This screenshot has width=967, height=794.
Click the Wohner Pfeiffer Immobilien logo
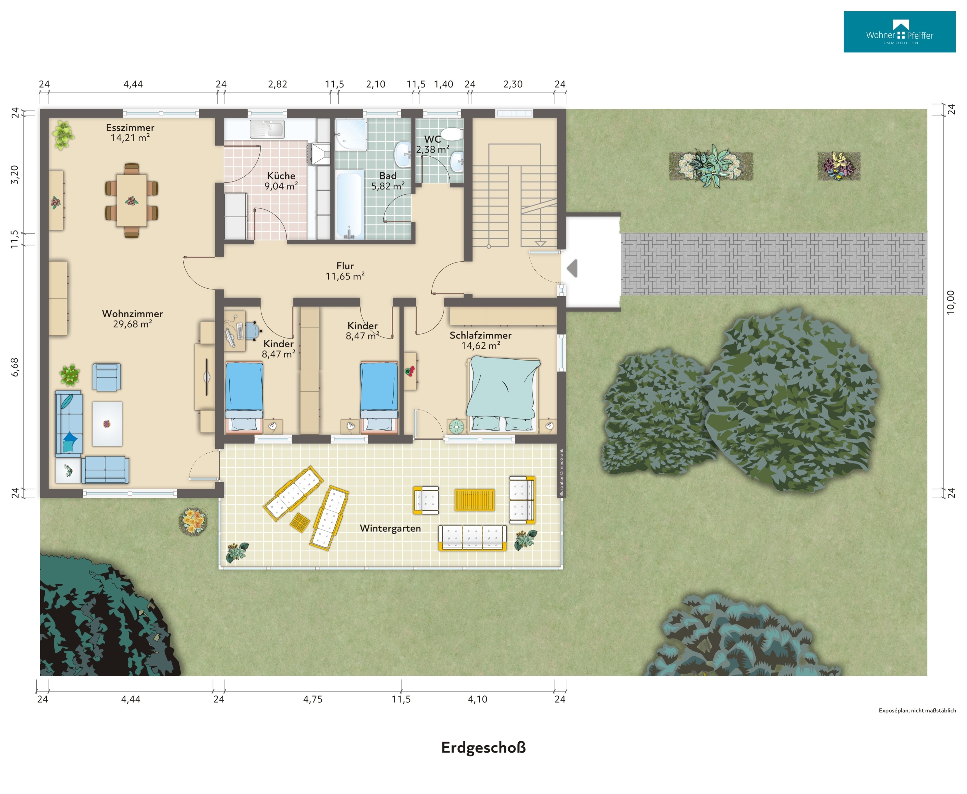[899, 32]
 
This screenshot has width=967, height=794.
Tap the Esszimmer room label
[130, 128]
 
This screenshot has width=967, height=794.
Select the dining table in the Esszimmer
[131, 200]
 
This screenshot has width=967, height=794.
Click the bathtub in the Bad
[350, 204]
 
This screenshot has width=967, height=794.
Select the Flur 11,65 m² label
[345, 271]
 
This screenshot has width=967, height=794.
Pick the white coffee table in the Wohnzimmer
[107, 424]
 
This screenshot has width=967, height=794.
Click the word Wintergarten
[390, 528]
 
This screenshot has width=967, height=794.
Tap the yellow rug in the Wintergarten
[474, 500]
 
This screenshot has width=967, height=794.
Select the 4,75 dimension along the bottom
[313, 699]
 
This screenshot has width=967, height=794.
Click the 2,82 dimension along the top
[278, 84]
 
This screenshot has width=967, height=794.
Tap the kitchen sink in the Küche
[267, 129]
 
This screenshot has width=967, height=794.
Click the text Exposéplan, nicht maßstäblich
[917, 710]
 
